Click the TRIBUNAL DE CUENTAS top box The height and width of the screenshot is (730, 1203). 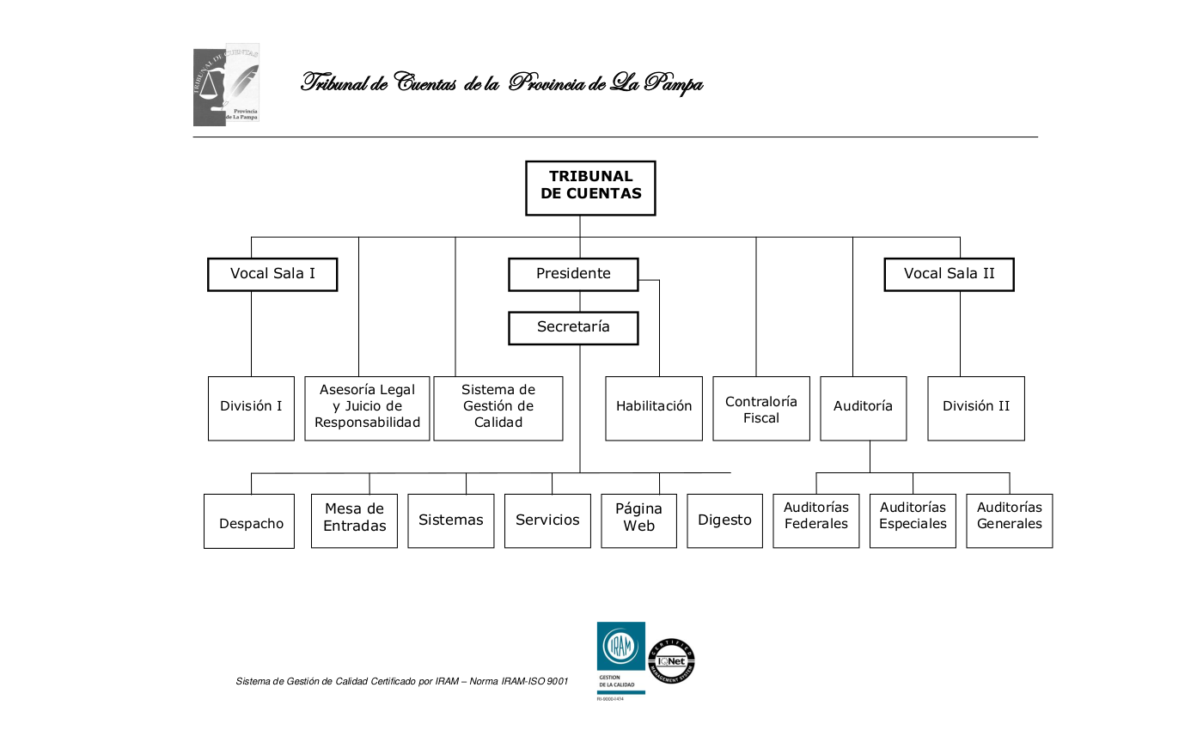[590, 187]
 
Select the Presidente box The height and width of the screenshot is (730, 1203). [573, 274]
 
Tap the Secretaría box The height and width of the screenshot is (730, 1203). [573, 327]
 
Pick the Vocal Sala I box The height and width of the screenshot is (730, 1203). [272, 274]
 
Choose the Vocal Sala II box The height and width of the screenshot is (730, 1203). [949, 274]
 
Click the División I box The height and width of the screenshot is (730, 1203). [251, 408]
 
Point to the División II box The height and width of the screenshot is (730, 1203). [976, 408]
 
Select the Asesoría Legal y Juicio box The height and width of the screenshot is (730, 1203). [367, 408]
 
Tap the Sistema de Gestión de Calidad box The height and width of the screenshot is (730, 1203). [498, 408]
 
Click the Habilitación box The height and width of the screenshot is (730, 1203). [654, 408]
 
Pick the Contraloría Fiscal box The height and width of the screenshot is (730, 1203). [761, 409]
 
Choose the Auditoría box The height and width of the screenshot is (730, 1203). [863, 408]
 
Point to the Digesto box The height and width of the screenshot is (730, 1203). [724, 520]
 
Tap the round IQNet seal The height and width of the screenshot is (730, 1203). [671, 661]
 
